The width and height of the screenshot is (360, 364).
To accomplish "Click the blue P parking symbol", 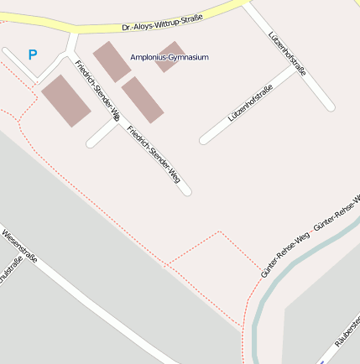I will pyautogui.click(x=33, y=55).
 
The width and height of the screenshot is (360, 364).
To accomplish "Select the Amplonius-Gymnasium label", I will pyautogui.click(x=169, y=57).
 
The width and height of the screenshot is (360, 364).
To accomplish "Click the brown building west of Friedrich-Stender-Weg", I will pyautogui.click(x=65, y=101).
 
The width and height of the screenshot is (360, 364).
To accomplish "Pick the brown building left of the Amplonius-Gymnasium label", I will pyautogui.click(x=111, y=61).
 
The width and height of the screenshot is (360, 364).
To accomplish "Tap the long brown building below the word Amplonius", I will pyautogui.click(x=142, y=99).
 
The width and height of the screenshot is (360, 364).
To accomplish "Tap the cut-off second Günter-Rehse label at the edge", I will pyautogui.click(x=337, y=213).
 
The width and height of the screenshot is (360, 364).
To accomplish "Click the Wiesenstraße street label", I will pyautogui.click(x=18, y=247).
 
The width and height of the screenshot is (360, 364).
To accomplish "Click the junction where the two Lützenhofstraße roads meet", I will pyautogui.click(x=300, y=68).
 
